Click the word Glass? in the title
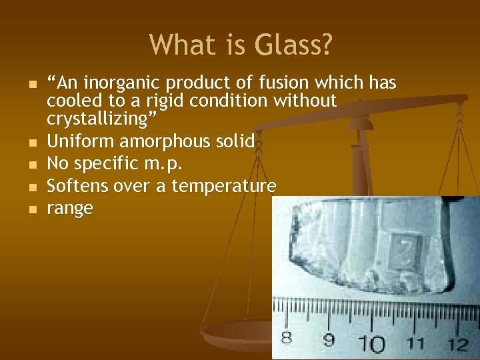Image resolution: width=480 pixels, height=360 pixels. [293, 45]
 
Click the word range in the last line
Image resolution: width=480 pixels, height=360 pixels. [70, 209]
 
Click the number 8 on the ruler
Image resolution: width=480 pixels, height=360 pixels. [287, 338]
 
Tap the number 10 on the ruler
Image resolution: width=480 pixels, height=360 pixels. [374, 343]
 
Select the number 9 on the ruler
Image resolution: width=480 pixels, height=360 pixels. [329, 341]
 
